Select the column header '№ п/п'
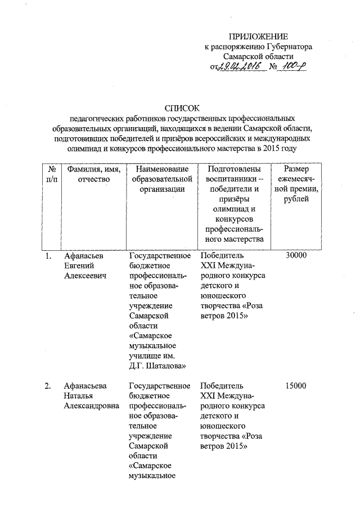pos(52,174)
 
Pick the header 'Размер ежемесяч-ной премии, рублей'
pos(296,184)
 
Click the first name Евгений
pos(78,267)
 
